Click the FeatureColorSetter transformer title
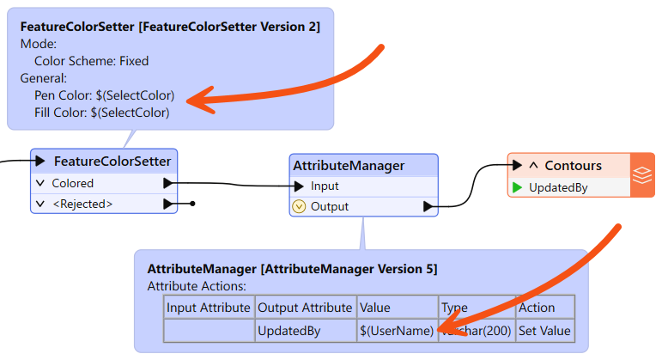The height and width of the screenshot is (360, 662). click(x=112, y=161)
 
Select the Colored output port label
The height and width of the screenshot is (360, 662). click(x=72, y=183)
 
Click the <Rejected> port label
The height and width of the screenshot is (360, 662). click(x=82, y=204)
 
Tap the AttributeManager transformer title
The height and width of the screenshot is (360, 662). click(x=349, y=165)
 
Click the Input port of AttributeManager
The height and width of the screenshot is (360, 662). click(x=325, y=186)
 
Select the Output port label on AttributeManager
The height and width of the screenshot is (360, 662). click(x=329, y=206)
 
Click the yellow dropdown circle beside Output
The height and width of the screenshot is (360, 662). click(x=300, y=206)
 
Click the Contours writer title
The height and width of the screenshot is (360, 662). click(x=573, y=165)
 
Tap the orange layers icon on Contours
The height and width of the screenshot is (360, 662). click(x=642, y=175)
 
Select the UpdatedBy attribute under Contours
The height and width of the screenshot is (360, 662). click(x=558, y=186)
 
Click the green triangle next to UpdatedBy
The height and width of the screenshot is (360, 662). click(x=517, y=186)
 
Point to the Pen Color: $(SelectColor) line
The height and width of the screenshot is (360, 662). click(x=104, y=95)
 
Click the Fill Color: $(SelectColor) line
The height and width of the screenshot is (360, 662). click(x=101, y=112)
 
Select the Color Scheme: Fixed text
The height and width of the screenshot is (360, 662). click(x=91, y=61)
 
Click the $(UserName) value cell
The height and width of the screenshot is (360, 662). click(x=396, y=330)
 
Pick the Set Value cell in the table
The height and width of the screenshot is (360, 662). click(x=544, y=330)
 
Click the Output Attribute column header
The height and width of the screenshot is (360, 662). click(x=304, y=308)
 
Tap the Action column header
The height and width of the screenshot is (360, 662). click(x=537, y=308)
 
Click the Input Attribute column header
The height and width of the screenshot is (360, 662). click(x=209, y=308)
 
